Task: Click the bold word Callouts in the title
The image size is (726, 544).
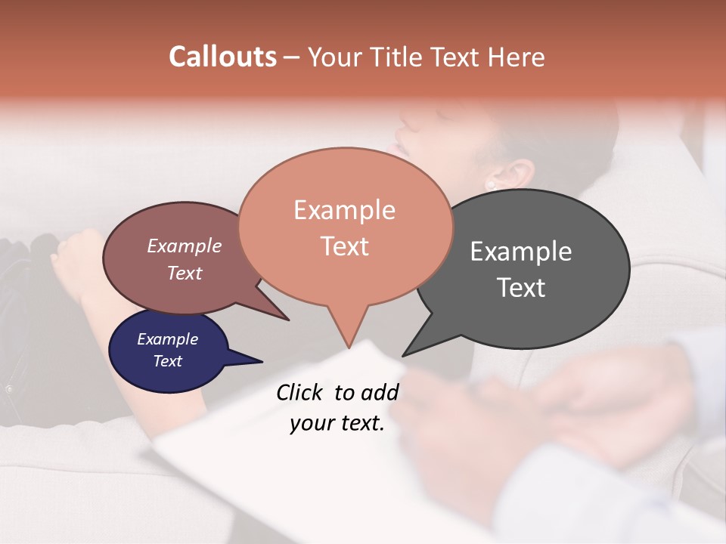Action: (x=222, y=57)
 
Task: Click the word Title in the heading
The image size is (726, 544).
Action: (x=402, y=57)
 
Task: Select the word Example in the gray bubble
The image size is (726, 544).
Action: (x=521, y=252)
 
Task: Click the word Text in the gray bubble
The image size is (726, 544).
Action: (x=521, y=288)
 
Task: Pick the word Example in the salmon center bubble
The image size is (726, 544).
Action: (x=344, y=210)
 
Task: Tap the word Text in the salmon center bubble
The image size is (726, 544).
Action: (x=344, y=246)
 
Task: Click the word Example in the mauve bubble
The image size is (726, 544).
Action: (x=185, y=246)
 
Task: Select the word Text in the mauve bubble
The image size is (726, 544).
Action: (x=185, y=273)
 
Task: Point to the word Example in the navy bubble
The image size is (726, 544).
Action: (x=167, y=339)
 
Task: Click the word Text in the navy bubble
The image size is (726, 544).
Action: (x=167, y=361)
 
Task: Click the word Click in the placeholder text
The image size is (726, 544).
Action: (x=301, y=392)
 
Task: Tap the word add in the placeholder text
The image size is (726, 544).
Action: (x=379, y=392)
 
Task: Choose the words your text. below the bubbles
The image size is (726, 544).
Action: (x=337, y=424)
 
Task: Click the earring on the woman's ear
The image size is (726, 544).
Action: (x=491, y=184)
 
